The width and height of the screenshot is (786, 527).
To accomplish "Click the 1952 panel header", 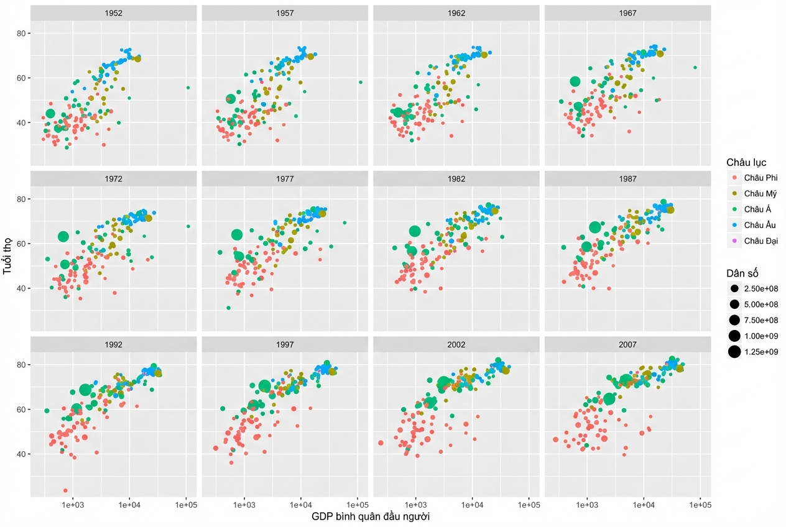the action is coord(113,13).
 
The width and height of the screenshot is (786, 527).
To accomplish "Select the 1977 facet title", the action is coord(285,179).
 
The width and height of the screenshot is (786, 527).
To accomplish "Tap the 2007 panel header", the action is coord(627,345).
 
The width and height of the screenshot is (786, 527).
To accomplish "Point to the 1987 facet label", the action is coord(627,179).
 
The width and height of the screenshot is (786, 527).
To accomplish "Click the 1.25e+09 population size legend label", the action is coord(761,352).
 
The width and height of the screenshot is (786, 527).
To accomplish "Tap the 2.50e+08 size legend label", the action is coord(761,288).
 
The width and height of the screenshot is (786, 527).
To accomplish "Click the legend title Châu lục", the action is coord(746,162).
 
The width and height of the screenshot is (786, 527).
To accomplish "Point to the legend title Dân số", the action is coord(742,273).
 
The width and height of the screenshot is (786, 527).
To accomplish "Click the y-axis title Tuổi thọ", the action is coord(7,256).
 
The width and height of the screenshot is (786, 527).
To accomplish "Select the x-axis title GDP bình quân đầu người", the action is coord(371,516).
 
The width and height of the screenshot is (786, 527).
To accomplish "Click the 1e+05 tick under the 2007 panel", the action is coord(700,505).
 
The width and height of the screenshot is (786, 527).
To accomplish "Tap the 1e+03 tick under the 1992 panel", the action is coord(73,505).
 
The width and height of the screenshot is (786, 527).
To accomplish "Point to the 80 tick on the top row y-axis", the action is coord(21,34).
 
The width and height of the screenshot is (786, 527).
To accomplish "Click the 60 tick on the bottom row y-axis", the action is coord(21,410).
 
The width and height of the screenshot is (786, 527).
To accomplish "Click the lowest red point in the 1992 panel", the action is coord(65,490).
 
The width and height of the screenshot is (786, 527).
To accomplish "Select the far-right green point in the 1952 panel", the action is coord(188,88).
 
